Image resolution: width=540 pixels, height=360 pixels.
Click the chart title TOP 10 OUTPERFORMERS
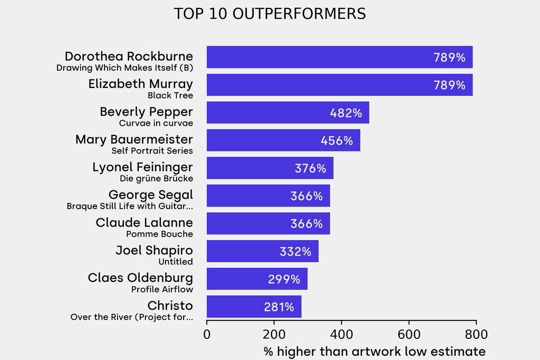[x=269, y=14]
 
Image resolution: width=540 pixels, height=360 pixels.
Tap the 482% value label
[x=346, y=113]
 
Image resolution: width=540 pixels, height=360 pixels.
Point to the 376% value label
[x=311, y=169]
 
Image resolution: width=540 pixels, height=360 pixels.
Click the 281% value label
[x=279, y=307]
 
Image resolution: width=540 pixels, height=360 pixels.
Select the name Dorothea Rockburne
[x=129, y=56]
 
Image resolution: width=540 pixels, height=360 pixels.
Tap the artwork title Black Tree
[x=170, y=95]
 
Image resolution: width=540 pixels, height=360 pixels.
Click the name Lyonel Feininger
[x=142, y=168]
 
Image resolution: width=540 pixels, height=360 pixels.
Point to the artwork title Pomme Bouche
[x=159, y=234]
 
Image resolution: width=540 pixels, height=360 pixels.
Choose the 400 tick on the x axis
[x=341, y=334]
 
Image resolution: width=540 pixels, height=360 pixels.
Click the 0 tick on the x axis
[x=207, y=334]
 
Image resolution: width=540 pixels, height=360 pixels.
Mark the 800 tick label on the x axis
[x=476, y=334]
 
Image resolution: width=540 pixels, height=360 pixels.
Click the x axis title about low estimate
[x=374, y=351]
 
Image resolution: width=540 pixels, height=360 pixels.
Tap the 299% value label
[x=284, y=279]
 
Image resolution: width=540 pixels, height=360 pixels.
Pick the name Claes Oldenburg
[x=140, y=278]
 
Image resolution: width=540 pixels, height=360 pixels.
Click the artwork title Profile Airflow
[x=162, y=289]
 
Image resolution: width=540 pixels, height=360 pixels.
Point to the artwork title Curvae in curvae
[x=156, y=123]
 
